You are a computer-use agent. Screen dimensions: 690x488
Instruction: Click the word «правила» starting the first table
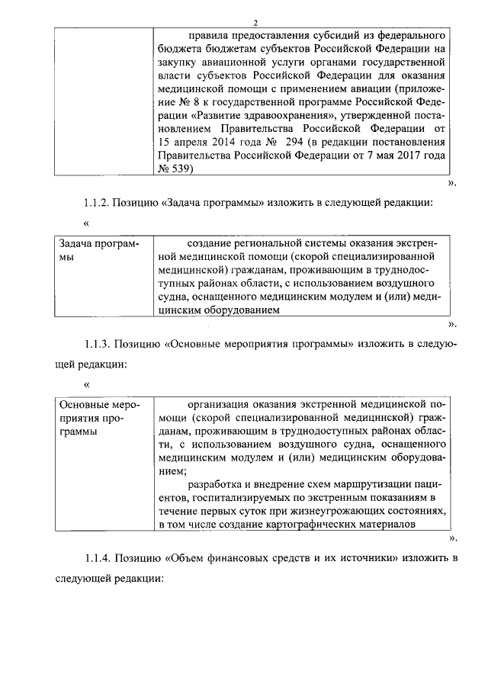click(x=205, y=35)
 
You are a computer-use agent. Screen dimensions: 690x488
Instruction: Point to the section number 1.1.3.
click(x=99, y=344)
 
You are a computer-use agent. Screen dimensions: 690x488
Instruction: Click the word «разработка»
click(x=216, y=485)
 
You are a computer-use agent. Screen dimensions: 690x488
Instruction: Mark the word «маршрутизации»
click(x=370, y=485)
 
